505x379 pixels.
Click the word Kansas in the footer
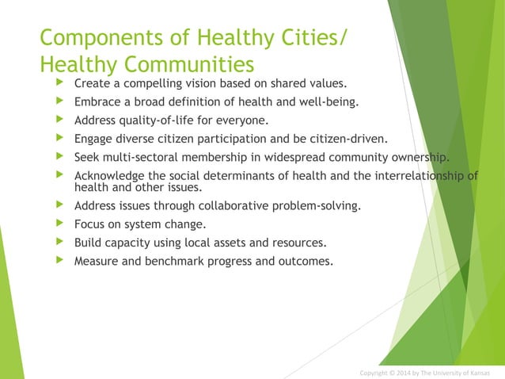click(477, 373)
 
